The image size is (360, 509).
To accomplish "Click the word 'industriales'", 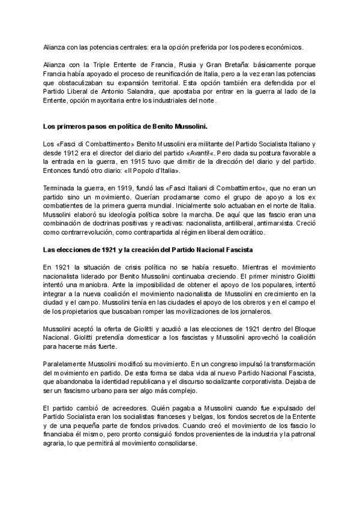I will (x=187, y=100).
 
